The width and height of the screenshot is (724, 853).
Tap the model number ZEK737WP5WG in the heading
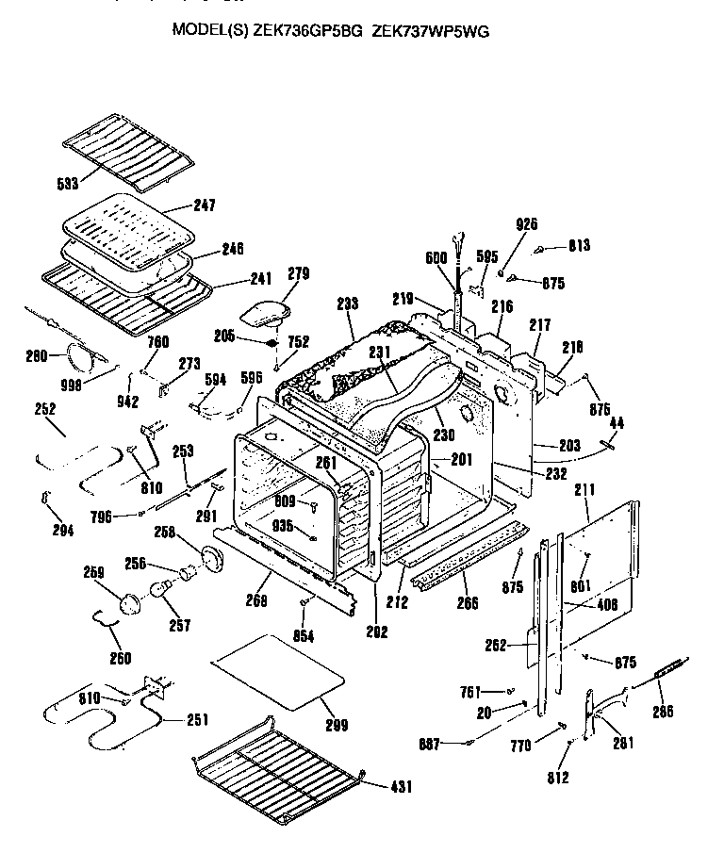click(x=431, y=30)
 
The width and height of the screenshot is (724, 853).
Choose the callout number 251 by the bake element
click(x=197, y=721)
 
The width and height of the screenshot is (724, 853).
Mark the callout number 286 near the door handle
click(x=664, y=712)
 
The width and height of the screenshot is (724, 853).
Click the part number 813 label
click(x=579, y=247)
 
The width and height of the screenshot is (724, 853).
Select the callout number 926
click(x=527, y=223)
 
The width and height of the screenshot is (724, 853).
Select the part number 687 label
click(x=430, y=745)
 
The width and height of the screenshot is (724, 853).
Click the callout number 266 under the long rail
click(x=467, y=603)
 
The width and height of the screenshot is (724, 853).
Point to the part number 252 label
click(x=44, y=409)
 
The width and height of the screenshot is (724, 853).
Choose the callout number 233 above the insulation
click(x=347, y=304)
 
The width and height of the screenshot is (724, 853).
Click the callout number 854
click(x=303, y=635)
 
